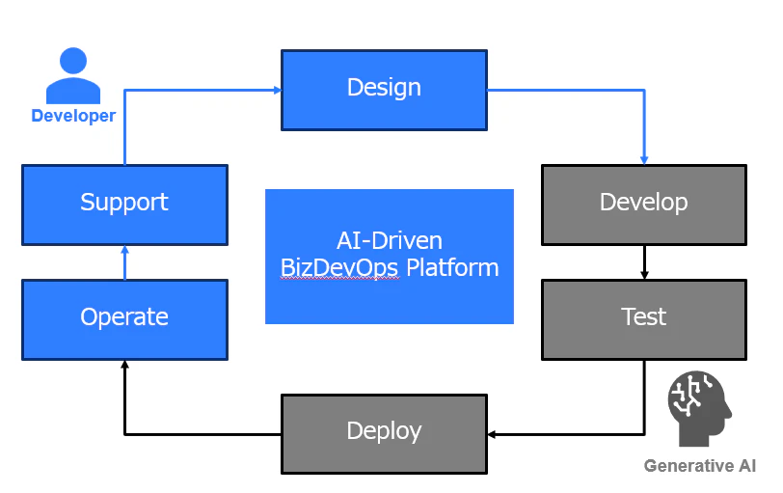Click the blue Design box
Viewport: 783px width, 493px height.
[384, 90]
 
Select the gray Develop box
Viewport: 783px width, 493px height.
[644, 205]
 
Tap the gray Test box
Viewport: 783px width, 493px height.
[644, 319]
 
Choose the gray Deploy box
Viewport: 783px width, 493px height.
[384, 434]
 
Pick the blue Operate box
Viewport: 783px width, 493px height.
[124, 319]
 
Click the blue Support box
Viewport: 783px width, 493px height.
[124, 205]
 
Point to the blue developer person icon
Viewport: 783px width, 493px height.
[73, 75]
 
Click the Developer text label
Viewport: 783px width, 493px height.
[73, 116]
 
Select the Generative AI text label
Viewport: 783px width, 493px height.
[700, 466]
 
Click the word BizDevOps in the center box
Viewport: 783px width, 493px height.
[339, 268]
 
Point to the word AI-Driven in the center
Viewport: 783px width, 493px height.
[390, 241]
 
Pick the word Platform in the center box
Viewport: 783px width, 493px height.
[452, 268]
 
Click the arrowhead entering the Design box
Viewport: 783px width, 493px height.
[278, 91]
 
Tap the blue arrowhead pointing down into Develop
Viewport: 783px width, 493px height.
[644, 160]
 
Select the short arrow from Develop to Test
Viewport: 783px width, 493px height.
[644, 262]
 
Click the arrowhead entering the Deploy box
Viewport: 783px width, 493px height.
[492, 434]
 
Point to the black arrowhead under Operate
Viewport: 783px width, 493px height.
[124, 364]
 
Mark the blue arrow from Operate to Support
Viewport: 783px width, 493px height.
[124, 262]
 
